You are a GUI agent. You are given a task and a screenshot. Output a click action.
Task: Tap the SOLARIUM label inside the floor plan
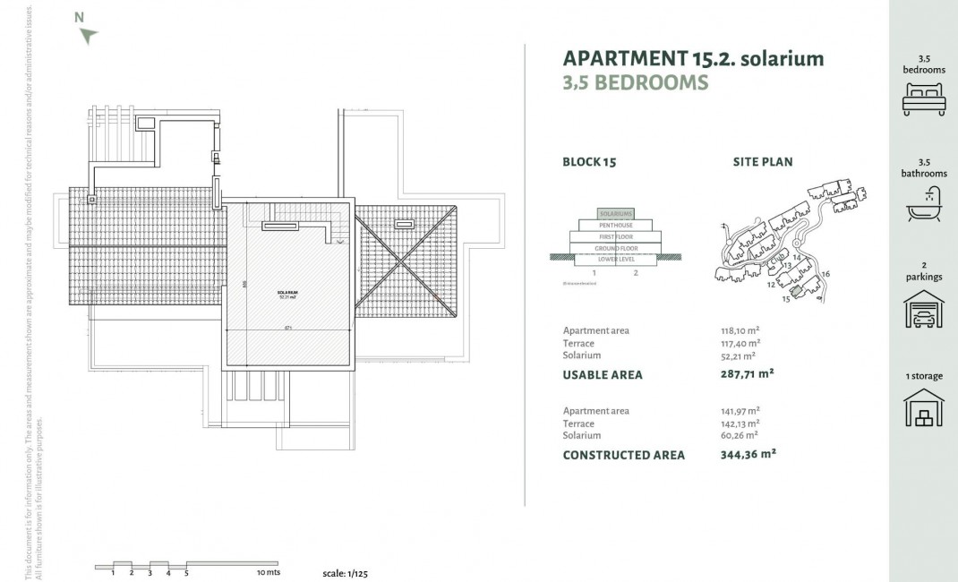point(287,294)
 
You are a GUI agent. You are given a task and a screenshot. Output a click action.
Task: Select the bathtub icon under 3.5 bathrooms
point(923,203)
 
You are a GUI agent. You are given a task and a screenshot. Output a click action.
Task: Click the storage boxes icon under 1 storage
point(923,409)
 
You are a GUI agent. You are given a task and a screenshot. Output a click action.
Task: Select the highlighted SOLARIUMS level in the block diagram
point(616,214)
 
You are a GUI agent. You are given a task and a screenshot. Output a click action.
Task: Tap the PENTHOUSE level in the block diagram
point(616,226)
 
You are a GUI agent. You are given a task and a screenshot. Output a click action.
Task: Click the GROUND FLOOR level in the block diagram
point(616,248)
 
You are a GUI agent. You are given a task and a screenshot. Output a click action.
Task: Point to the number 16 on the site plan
point(825,273)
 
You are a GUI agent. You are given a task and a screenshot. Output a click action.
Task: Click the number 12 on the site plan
point(770,285)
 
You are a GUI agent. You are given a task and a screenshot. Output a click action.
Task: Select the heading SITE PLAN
point(762,162)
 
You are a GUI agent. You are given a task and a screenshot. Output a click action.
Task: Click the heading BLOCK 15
point(589,162)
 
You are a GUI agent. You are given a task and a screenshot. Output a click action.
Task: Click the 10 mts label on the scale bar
point(268,572)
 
